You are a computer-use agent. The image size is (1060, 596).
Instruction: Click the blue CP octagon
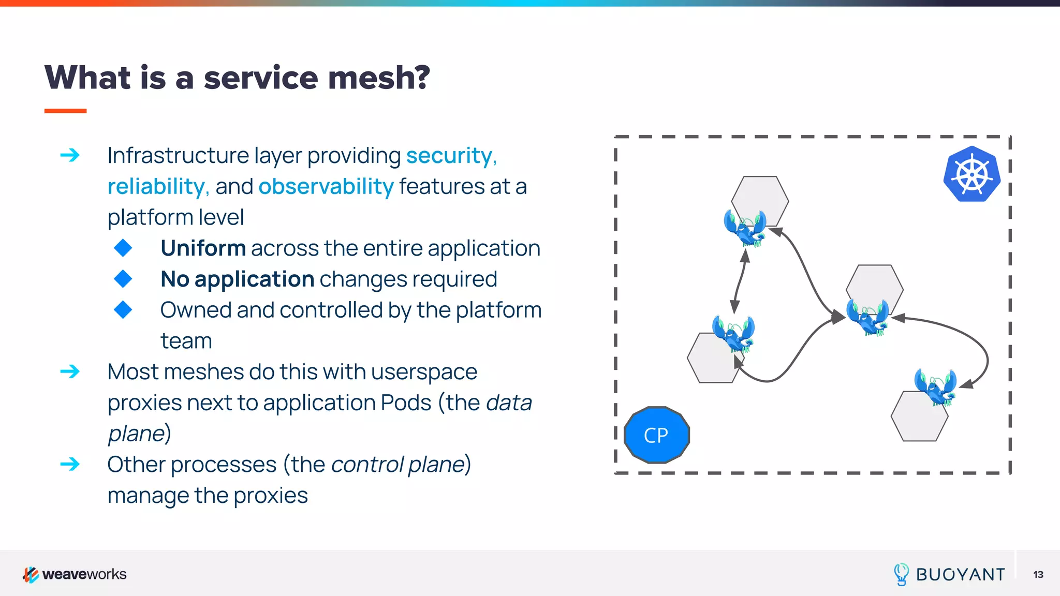[x=656, y=435]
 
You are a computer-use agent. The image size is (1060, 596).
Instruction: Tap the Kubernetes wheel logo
[x=971, y=174]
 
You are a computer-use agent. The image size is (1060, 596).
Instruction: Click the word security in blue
[x=449, y=155]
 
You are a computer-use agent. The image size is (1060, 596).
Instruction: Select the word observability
[x=326, y=186]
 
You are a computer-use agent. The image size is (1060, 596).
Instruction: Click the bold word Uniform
[x=203, y=248]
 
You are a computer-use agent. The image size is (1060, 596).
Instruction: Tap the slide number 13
[x=1038, y=574]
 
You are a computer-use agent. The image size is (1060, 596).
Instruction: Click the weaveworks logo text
[x=84, y=574]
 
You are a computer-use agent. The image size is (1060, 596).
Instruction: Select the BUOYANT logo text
[x=960, y=574]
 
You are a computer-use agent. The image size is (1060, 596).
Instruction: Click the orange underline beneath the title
[x=65, y=111]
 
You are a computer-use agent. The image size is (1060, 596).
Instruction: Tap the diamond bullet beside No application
[x=123, y=279]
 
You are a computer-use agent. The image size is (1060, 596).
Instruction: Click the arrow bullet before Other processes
[x=70, y=464]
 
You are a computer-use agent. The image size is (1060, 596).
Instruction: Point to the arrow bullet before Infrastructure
[x=70, y=155]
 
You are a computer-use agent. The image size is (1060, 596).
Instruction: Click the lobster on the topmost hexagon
[x=745, y=228]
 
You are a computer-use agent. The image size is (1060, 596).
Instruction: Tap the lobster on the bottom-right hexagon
[x=935, y=386]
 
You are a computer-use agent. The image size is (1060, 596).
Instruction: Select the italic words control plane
[x=398, y=464]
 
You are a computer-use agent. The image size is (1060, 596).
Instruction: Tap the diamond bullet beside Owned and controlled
[x=123, y=310]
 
